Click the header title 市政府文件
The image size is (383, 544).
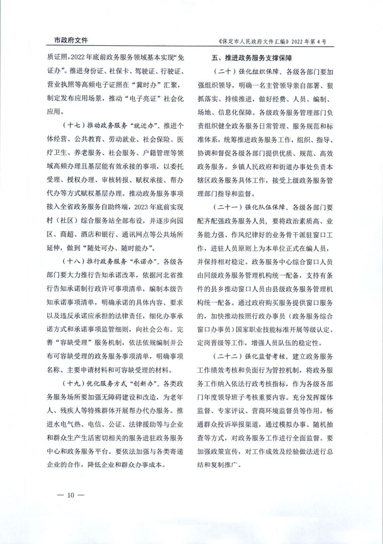(x=68, y=41)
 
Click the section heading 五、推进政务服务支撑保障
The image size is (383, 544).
(x=252, y=59)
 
